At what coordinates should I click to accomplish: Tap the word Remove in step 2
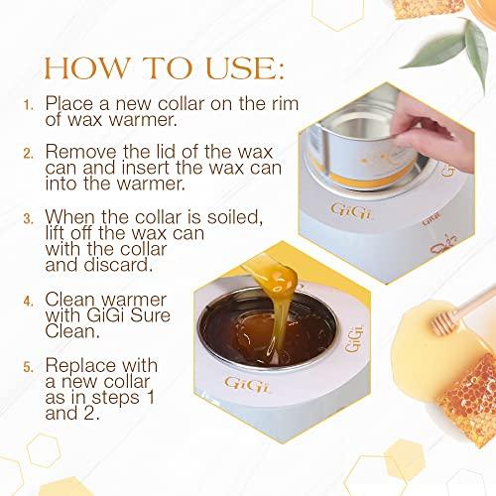81,154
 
